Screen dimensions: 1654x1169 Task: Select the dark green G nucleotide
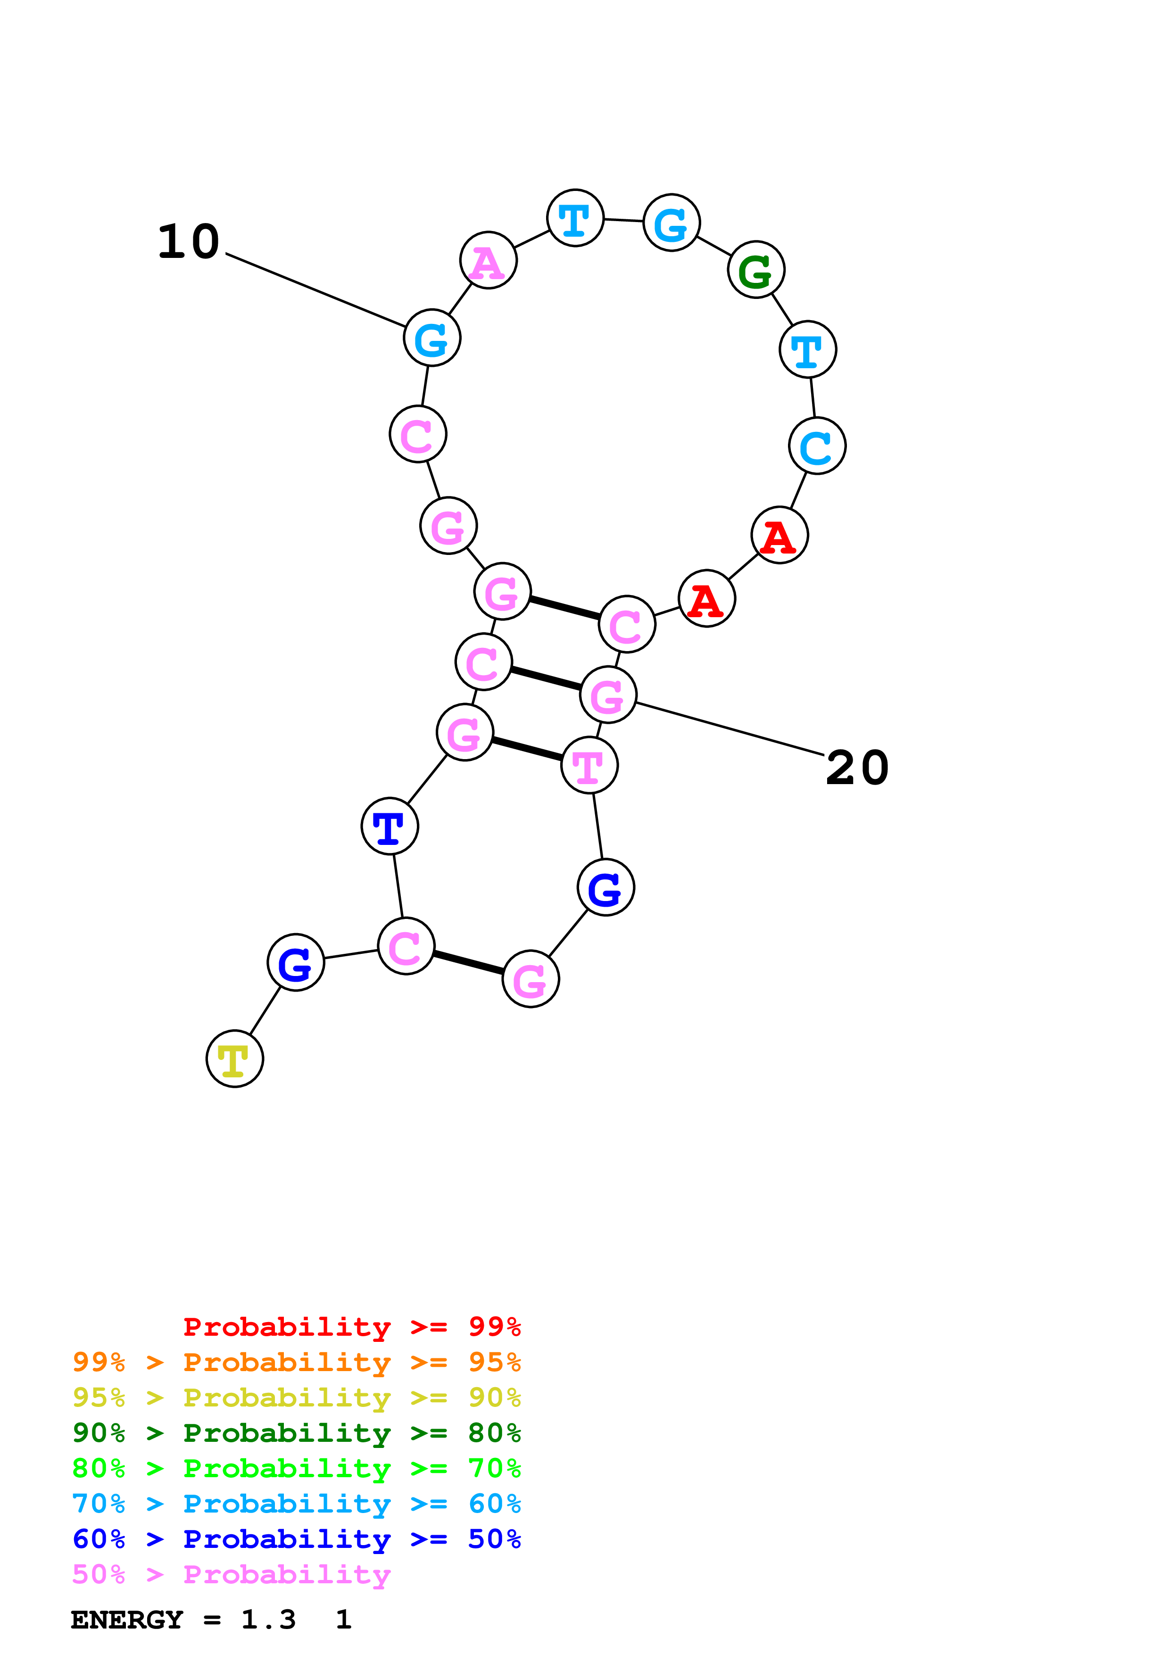point(755,269)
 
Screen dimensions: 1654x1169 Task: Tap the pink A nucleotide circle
point(489,260)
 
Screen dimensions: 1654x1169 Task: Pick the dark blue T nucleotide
point(390,826)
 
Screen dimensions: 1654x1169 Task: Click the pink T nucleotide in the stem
point(589,765)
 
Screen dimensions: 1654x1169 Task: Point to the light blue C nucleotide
point(817,446)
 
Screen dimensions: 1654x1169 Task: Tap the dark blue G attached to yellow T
point(295,962)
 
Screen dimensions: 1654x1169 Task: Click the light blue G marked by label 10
point(431,338)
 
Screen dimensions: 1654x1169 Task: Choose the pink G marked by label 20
point(608,695)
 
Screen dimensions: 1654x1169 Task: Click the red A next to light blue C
point(779,535)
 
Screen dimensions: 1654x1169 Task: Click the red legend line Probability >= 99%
point(351,1326)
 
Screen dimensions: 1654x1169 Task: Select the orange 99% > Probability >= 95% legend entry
point(296,1362)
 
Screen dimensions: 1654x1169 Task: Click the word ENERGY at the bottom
point(127,1620)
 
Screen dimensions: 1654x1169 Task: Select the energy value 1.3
point(268,1620)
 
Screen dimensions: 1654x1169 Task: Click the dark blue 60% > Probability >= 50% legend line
point(296,1539)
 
